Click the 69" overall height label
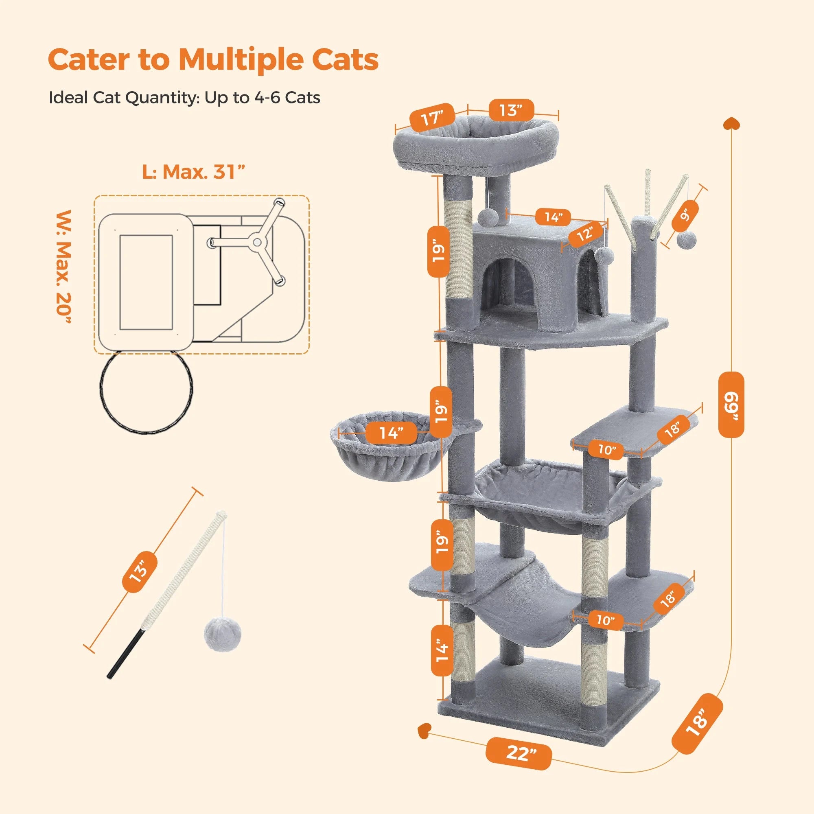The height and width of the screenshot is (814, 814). pos(731,405)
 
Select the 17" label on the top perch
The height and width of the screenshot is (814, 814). pos(432,118)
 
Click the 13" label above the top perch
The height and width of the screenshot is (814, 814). pos(511,110)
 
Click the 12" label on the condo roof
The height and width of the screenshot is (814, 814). pos(585,232)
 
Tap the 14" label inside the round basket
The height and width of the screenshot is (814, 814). pos(392,433)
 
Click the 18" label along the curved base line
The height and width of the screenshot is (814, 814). pos(698,723)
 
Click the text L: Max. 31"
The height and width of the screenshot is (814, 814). pos(193,172)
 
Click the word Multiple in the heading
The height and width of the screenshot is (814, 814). pos(241,59)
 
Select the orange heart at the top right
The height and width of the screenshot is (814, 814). pos(731,124)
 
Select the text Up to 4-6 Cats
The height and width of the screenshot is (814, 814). pos(262,98)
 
